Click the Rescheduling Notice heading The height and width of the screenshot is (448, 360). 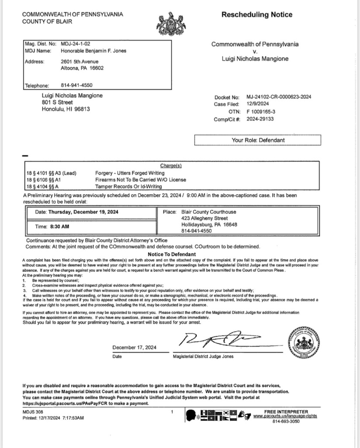coord(257,15)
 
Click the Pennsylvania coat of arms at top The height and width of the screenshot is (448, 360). coord(171,24)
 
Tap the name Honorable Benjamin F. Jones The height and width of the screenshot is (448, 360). coord(94,51)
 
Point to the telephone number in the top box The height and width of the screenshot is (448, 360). coord(77,85)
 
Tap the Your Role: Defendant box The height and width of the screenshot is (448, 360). coord(258,140)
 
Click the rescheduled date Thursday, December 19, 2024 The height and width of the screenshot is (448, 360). coord(84,212)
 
